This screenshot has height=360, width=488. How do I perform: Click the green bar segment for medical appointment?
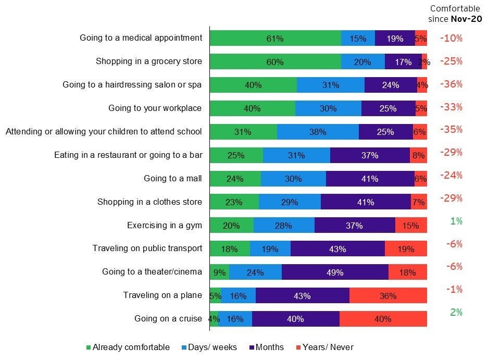[x=275, y=39]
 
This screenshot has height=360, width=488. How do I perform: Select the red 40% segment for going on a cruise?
[x=383, y=319]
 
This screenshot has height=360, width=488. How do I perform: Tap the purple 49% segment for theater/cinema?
[x=335, y=272]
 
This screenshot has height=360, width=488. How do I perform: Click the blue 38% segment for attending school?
[x=318, y=132]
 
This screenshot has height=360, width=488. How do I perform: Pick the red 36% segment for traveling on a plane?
[x=388, y=296]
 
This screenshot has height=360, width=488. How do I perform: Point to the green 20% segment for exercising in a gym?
[x=231, y=226]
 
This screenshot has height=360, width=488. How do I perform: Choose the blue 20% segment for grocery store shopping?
[x=362, y=62]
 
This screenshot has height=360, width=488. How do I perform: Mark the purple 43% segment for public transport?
[x=337, y=249]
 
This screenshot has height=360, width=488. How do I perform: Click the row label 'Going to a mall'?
[x=172, y=179]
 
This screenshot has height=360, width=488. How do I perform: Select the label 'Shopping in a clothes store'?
[x=149, y=202]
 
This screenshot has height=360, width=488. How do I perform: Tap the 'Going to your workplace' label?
[x=155, y=108]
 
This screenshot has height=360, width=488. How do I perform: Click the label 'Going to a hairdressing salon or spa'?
[x=132, y=85]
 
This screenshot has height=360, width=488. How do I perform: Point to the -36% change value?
[x=451, y=84]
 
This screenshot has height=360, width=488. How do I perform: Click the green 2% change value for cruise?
[x=456, y=312]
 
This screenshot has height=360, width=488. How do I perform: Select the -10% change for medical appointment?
[x=451, y=38]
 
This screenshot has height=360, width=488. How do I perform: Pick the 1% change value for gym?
[x=456, y=221]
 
